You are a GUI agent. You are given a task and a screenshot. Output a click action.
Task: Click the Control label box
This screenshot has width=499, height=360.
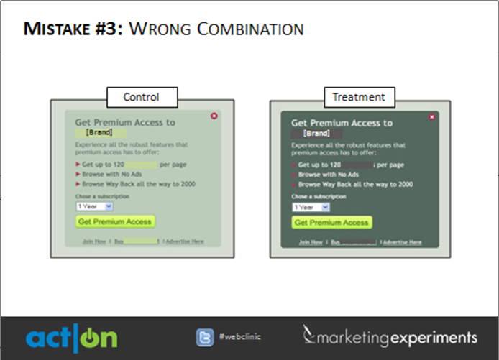click(141, 96)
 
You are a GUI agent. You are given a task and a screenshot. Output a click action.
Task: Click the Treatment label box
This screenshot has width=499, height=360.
click(359, 96)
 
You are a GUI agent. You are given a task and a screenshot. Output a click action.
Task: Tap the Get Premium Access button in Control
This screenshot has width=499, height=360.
click(115, 222)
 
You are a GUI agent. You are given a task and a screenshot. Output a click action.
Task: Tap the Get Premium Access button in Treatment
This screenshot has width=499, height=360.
click(331, 223)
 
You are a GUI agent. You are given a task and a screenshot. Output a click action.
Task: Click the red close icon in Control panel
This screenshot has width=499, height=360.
click(214, 116)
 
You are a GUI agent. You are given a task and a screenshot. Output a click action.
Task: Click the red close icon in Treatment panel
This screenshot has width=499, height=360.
click(431, 116)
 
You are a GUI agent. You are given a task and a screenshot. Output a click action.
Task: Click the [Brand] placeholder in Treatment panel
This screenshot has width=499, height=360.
click(316, 133)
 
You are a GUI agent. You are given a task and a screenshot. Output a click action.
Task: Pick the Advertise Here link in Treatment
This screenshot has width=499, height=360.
click(403, 242)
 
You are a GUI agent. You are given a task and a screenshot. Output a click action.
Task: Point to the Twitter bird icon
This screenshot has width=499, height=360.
click(206, 336)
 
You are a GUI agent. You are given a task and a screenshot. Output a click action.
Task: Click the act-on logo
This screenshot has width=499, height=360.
click(71, 338)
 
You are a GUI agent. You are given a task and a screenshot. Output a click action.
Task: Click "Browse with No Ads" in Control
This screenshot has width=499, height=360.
click(111, 174)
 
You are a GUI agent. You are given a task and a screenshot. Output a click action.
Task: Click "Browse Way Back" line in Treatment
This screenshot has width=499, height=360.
click(355, 185)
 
